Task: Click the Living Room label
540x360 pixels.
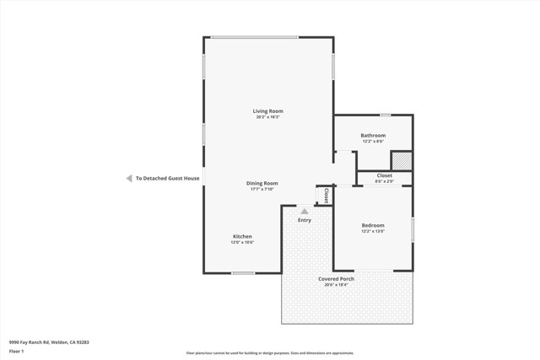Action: [x=267, y=111]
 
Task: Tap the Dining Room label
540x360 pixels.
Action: [x=262, y=183]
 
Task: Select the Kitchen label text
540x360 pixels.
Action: [x=242, y=237]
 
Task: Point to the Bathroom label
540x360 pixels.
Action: [x=373, y=136]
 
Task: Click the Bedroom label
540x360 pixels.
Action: [x=373, y=225]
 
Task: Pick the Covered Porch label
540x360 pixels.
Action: [x=336, y=279]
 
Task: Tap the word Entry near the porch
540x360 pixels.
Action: [x=304, y=220]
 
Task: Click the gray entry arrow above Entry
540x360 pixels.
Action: [x=304, y=211]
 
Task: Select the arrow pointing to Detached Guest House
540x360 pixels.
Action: [x=128, y=179]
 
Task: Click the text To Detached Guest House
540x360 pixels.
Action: [x=167, y=179]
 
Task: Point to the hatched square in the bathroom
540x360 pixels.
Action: [x=402, y=160]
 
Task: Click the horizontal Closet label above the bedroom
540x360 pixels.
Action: [x=384, y=175]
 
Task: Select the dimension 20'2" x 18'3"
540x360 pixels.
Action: [x=267, y=117]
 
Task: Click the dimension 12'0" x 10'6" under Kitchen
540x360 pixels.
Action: [x=242, y=243]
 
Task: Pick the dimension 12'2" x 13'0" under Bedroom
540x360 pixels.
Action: [x=373, y=231]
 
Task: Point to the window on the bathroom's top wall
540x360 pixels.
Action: [x=385, y=115]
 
